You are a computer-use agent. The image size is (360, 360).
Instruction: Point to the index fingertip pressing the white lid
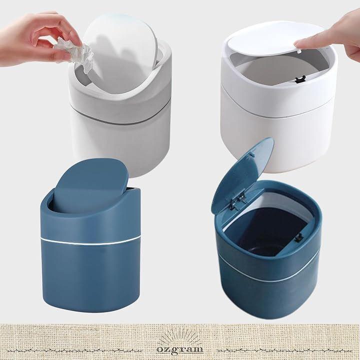click(298, 43)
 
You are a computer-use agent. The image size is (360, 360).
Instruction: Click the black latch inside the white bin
click(298, 80)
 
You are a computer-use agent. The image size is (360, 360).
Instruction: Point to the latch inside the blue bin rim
click(297, 238)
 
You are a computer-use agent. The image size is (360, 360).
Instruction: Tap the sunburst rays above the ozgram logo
click(180, 338)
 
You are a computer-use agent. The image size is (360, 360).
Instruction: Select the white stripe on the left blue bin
click(90, 240)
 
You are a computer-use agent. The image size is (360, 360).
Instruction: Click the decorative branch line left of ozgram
click(76, 350)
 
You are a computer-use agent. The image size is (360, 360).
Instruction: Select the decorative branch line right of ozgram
click(284, 350)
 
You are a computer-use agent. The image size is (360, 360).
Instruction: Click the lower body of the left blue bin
click(90, 275)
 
